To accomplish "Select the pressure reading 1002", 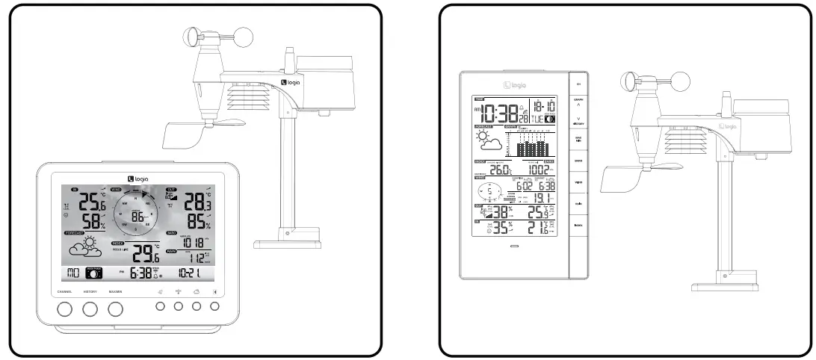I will pyautogui.click(x=538, y=170).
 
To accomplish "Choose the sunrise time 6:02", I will pyautogui.click(x=523, y=186).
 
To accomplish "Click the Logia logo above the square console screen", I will pyautogui.click(x=137, y=177).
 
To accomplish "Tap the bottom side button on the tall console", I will pyautogui.click(x=578, y=225).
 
